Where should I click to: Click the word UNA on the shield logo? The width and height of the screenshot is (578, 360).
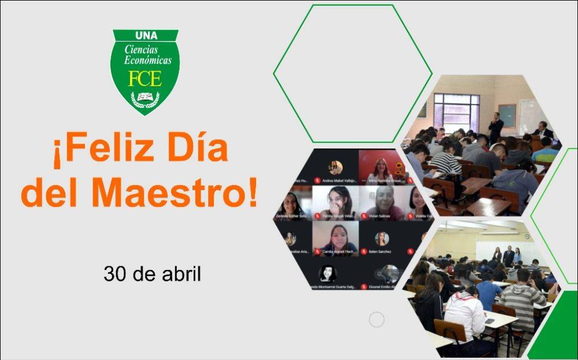pos(145,36)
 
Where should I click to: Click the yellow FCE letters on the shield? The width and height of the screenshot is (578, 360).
pos(144,79)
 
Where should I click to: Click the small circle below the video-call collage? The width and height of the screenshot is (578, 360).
pos(376,319)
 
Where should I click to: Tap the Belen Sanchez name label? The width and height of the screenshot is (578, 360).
pos(381,251)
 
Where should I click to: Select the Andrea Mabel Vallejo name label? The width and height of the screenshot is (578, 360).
pos(339,180)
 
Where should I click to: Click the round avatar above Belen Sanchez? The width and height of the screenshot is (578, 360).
pos(381,238)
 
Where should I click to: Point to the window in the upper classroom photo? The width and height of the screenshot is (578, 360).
pos(457,112)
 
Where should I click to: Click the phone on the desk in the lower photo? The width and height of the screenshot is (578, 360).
pos(490,321)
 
